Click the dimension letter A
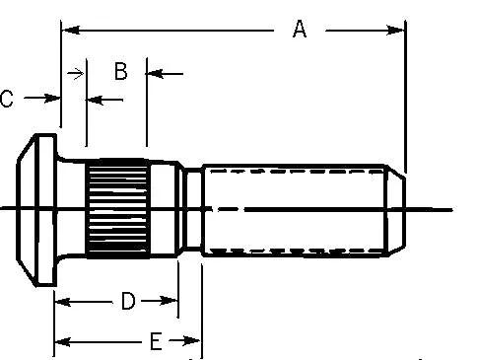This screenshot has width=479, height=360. coord(300,29)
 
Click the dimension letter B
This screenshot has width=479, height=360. coord(121,71)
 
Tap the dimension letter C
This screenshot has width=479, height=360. coord(7,99)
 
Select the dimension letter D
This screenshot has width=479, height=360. coord(128,301)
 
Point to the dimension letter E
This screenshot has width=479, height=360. coord(156,341)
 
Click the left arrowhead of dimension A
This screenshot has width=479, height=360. coord(71,31)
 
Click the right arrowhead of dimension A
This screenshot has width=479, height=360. coord(396,31)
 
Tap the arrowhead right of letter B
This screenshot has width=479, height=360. coord(155,74)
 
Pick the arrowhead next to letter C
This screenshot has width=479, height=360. coord(52,98)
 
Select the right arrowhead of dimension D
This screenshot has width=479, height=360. coord(169,301)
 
